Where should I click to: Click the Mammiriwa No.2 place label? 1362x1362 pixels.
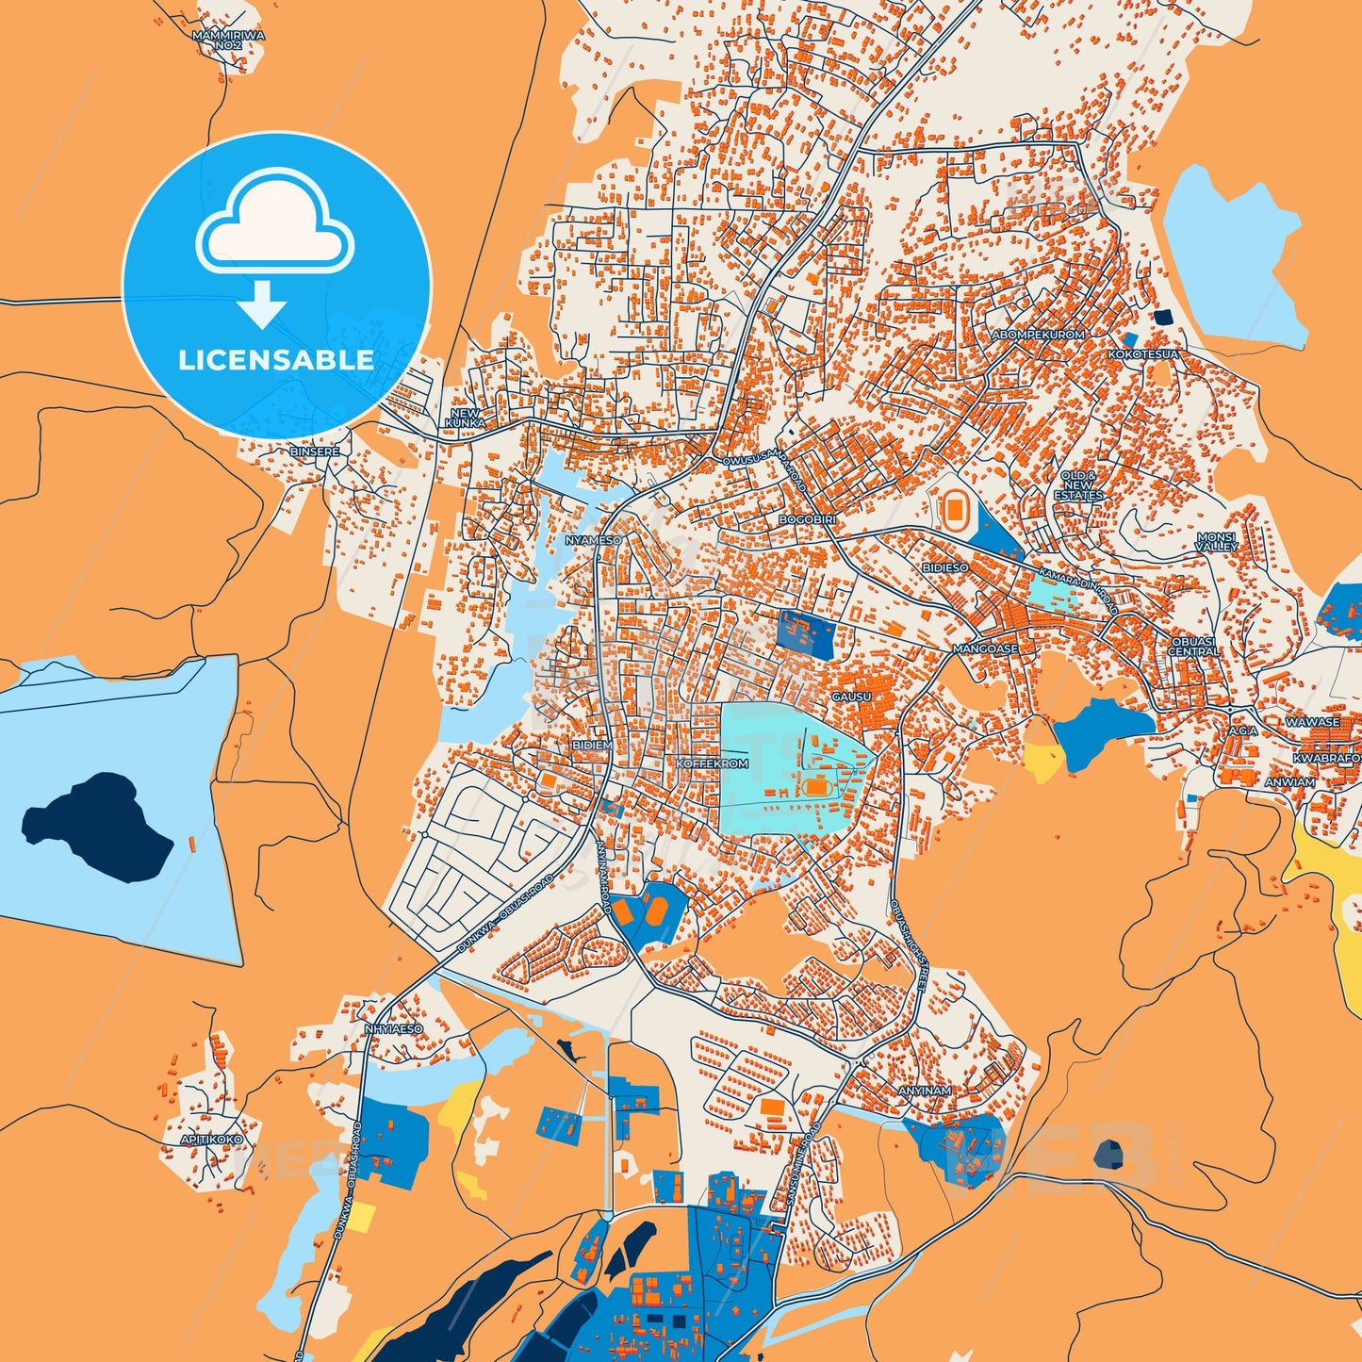[x=228, y=40]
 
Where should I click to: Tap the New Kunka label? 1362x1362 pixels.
[x=465, y=418]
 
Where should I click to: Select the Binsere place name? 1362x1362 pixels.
[x=314, y=452]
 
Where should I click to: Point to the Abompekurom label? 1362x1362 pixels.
[x=1038, y=335]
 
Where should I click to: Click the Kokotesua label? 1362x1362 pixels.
[x=1142, y=354]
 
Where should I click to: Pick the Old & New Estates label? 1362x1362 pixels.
[x=1078, y=485]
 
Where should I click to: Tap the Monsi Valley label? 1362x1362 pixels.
[x=1216, y=541]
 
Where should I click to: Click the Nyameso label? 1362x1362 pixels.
[x=593, y=540]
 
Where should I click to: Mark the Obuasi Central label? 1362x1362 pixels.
[x=1193, y=646]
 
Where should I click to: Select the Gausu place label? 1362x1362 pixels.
[x=851, y=697]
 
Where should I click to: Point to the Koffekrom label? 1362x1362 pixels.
[x=712, y=763]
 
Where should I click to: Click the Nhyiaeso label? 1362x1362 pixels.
[x=394, y=1029]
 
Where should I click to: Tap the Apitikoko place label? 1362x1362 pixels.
[x=211, y=1140]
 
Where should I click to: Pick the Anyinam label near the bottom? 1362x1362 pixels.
[x=924, y=1091]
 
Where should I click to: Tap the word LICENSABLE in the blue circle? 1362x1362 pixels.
[x=276, y=360]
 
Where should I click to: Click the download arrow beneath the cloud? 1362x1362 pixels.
[x=262, y=304]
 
